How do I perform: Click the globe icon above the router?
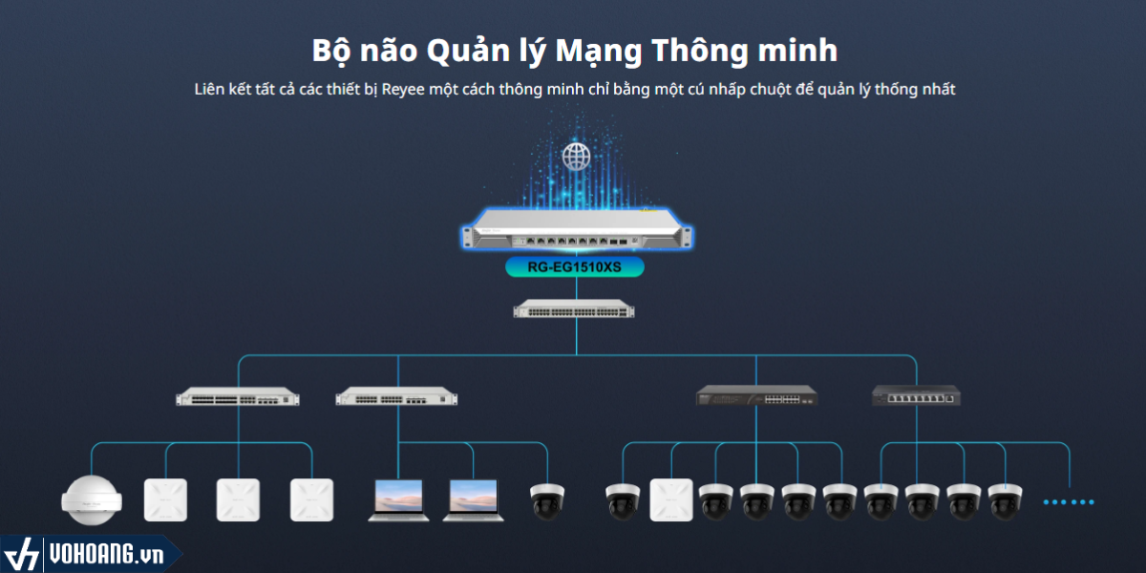click(x=576, y=156)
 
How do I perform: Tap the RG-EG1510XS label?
click(x=575, y=267)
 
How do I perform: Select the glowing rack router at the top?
click(x=576, y=232)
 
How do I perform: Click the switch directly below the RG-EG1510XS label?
click(x=574, y=308)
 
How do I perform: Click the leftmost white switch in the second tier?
click(x=238, y=397)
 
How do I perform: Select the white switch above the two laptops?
click(x=397, y=397)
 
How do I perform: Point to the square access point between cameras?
click(x=670, y=499)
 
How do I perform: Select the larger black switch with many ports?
click(x=757, y=395)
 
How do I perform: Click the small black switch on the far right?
click(x=916, y=395)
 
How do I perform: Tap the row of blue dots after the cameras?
click(x=1069, y=501)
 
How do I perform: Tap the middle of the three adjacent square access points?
click(x=238, y=499)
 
